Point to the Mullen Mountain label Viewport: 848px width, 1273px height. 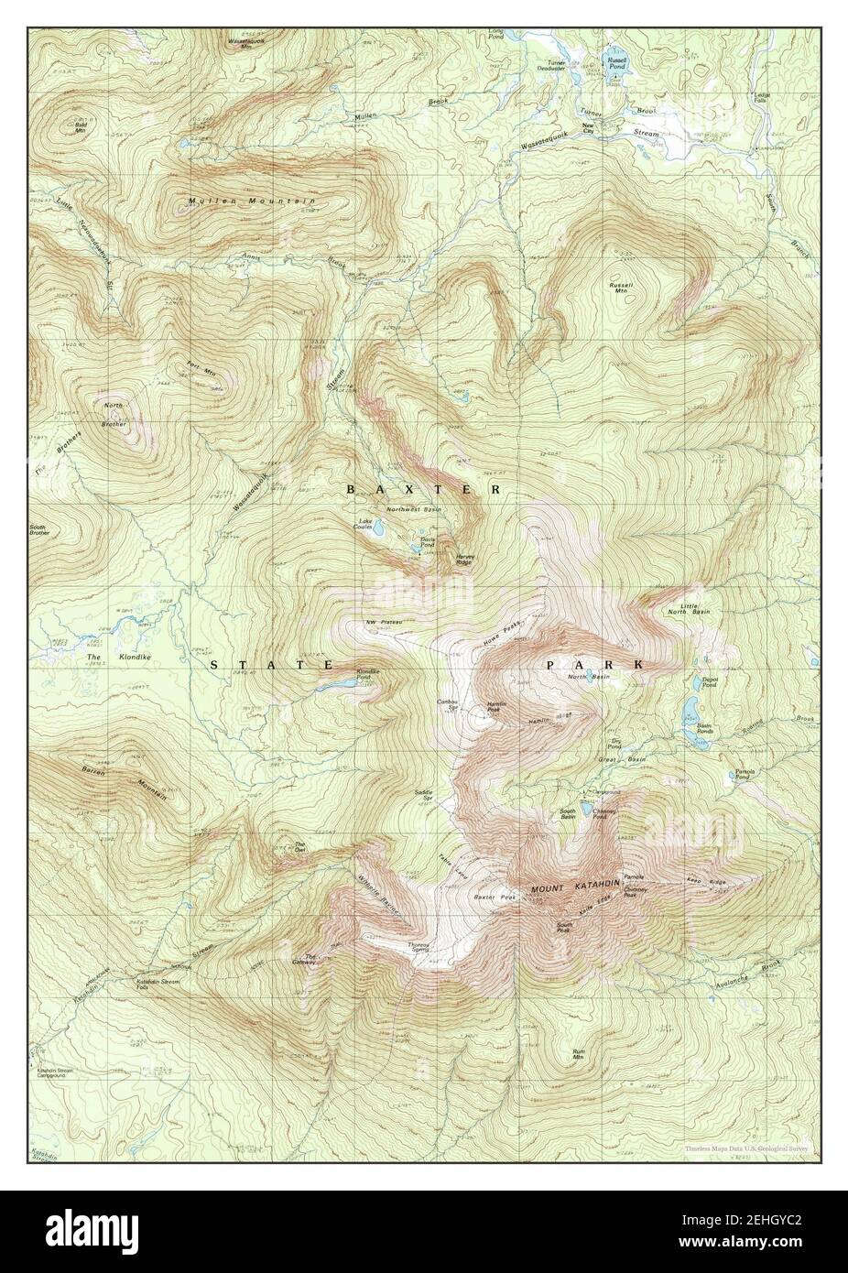tap(252, 201)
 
